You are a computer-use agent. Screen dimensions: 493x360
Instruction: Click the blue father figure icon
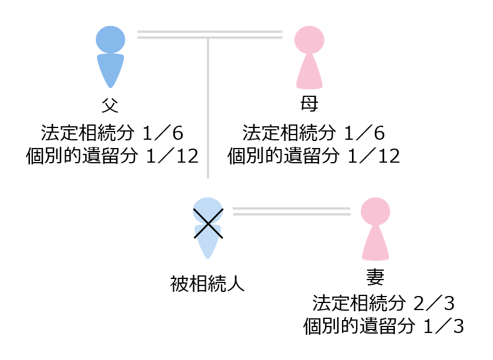click(x=110, y=57)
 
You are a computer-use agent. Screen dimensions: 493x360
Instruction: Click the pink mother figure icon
click(x=310, y=57)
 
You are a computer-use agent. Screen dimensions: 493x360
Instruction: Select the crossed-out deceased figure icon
click(x=208, y=228)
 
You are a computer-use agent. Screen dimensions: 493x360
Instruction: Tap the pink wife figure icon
click(x=375, y=228)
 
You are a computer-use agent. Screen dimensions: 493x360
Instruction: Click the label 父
click(x=110, y=105)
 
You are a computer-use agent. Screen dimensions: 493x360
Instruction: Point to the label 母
click(x=309, y=104)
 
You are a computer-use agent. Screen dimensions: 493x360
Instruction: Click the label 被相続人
click(x=207, y=284)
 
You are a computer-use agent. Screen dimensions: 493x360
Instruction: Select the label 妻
click(x=375, y=277)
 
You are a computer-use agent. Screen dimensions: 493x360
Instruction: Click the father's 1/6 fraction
click(x=163, y=133)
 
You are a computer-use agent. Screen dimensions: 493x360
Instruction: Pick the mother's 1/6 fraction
click(x=364, y=133)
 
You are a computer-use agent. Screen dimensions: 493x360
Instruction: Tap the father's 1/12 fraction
click(x=172, y=156)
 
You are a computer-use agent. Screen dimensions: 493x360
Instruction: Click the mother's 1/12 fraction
click(x=374, y=156)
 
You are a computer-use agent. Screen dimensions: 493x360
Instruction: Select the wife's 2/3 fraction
click(x=434, y=304)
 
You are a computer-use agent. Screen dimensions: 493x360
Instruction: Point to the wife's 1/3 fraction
click(x=444, y=327)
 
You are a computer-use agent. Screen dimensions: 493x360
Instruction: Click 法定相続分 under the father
click(x=88, y=133)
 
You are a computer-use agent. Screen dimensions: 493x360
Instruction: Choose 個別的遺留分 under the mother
click(x=283, y=156)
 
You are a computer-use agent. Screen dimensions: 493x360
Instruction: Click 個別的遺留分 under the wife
click(x=359, y=327)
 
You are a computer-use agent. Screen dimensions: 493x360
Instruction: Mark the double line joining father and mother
click(x=210, y=35)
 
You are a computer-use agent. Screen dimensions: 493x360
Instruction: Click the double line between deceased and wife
click(x=291, y=211)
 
